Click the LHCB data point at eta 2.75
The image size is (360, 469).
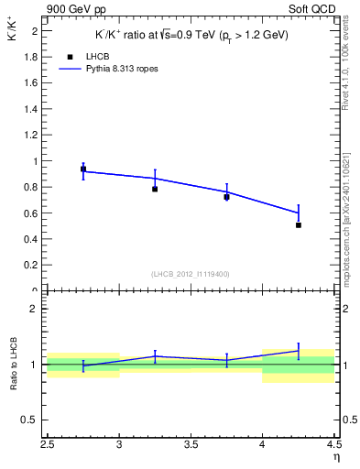83,169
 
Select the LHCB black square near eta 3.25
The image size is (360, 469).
155,189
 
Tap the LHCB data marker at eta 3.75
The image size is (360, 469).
226,197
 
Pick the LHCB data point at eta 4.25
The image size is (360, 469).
299,224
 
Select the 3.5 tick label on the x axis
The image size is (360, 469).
191,445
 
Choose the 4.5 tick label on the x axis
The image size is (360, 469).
333,445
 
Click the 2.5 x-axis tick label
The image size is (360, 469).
48,445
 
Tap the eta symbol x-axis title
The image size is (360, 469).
335,456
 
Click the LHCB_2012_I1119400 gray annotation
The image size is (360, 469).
191,274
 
